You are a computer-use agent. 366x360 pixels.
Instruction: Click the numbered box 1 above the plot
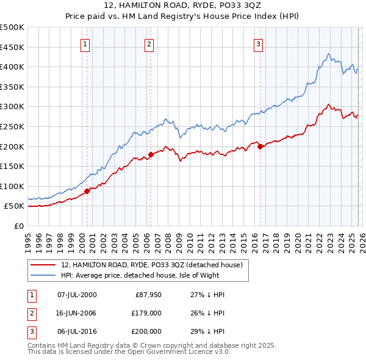point(85,44)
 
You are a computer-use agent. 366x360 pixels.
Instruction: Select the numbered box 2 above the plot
point(149,44)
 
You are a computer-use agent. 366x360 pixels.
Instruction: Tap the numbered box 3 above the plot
point(259,44)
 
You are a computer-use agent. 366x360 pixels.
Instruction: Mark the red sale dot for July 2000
point(87,191)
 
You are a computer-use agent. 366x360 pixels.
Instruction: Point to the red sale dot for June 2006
point(151,154)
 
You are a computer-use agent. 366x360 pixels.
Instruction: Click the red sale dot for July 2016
point(260,146)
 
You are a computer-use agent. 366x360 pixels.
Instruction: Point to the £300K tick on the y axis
point(13,107)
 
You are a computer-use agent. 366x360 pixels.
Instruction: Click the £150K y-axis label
point(13,166)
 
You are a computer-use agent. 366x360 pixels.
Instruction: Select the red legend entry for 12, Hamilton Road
point(152,265)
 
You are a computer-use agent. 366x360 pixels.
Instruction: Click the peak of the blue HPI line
point(328,54)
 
